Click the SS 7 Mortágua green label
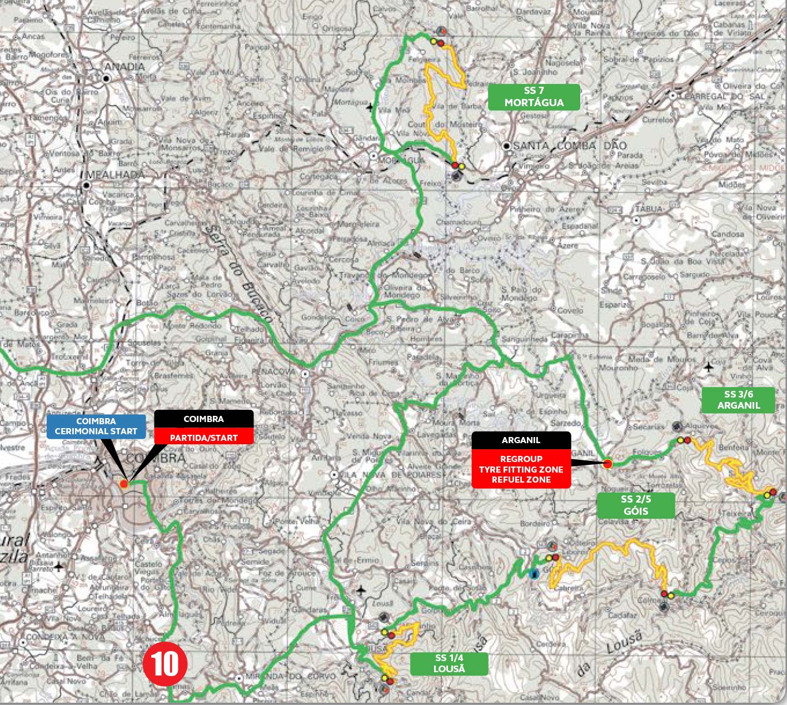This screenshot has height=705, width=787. coord(534,97)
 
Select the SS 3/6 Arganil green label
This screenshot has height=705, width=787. coord(738,400)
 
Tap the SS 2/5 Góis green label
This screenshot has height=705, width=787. coord(636,505)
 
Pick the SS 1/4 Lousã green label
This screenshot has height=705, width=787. coord(449,663)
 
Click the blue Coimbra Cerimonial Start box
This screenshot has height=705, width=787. coord(96,426)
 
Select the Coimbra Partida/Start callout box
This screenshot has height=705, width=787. coord(203,428)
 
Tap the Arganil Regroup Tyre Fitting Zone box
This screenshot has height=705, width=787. coord(521,460)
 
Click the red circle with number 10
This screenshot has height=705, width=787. coord(165,664)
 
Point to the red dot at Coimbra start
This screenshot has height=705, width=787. coord(124,484)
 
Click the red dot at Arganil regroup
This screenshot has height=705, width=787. coord(607,464)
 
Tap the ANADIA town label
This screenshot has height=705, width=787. coord(124,67)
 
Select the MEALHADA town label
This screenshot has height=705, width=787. coord(113,174)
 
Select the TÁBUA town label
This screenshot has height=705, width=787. coord(649,209)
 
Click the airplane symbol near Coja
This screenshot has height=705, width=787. coord(709,367)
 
